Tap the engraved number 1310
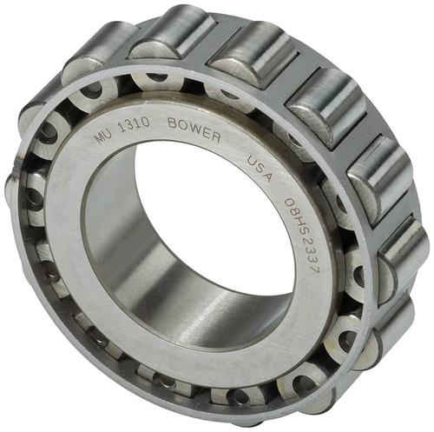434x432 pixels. [x=135, y=125]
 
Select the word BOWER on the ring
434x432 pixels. [x=194, y=130]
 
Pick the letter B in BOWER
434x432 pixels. [x=173, y=123]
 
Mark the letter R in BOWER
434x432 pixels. [x=215, y=137]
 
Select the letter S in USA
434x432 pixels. [x=260, y=168]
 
